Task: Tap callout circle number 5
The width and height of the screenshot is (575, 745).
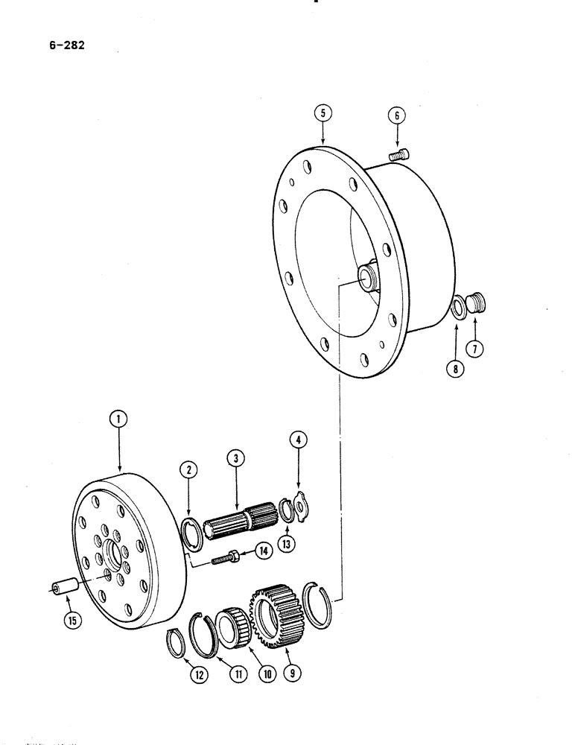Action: tap(322, 114)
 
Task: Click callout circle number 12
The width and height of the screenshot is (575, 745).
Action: tap(198, 675)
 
